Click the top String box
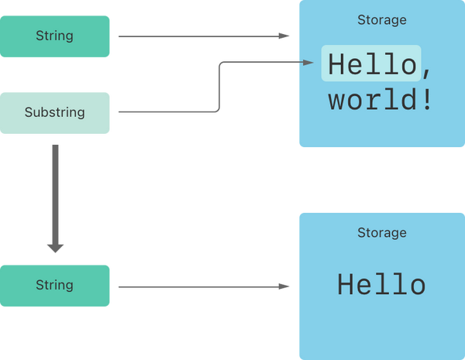[x=54, y=36]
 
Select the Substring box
[x=54, y=113]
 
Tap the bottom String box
[x=54, y=286]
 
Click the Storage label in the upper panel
[x=381, y=20]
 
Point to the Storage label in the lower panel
[x=381, y=232]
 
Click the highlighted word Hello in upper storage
[x=373, y=63]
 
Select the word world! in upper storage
[x=380, y=99]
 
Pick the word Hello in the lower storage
[x=381, y=284]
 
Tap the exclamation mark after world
[x=427, y=99]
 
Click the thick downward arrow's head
[x=55, y=249]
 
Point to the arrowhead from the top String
[x=284, y=36]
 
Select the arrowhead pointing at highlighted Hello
[x=308, y=62]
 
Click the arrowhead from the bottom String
[x=284, y=286]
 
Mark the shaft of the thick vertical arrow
[x=55, y=194]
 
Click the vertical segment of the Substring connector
[x=219, y=87]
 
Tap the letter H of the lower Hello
[x=345, y=284]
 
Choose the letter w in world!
[x=336, y=102]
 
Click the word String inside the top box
[x=54, y=36]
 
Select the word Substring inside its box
[x=54, y=112]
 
